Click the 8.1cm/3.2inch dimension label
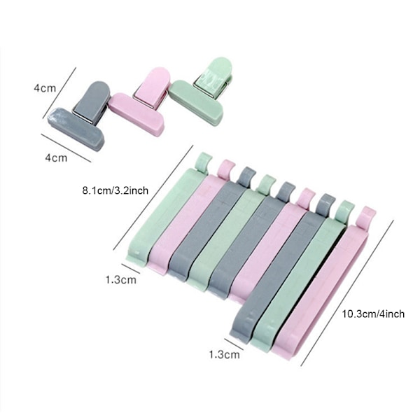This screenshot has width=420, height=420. (x=115, y=190)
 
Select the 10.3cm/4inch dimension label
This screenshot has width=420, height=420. (x=373, y=314)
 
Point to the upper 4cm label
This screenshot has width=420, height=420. (x=45, y=88)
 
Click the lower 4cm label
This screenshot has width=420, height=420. (x=56, y=157)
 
